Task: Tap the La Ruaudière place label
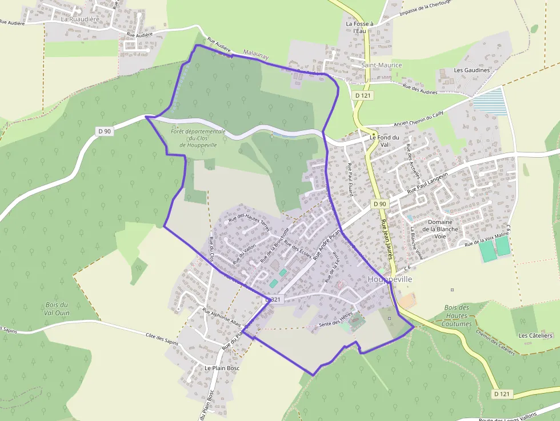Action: (80, 19)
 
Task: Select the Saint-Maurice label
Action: (381, 65)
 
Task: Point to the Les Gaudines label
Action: (471, 70)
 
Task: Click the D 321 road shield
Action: (274, 299)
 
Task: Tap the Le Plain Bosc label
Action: (222, 368)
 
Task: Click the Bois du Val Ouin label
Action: (56, 308)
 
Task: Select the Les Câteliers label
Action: (535, 335)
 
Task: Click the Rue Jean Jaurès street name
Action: (387, 239)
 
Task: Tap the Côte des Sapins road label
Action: (162, 338)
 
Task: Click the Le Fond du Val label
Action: (384, 141)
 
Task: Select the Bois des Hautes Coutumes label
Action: (457, 315)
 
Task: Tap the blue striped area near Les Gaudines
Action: (490, 102)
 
